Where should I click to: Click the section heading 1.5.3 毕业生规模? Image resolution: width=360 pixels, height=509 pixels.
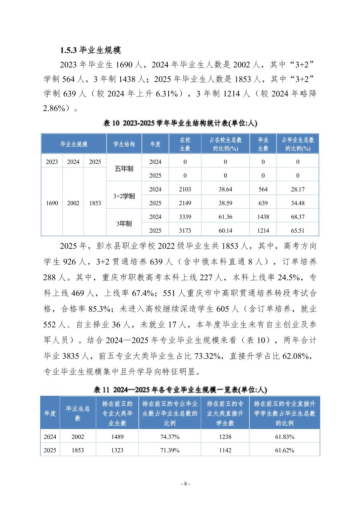coord(91,50)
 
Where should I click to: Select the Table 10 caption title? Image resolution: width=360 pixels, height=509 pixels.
coord(180,123)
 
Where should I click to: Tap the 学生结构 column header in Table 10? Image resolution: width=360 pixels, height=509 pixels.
coord(124,144)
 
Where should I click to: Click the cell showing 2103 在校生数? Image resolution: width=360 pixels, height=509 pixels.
coord(185,189)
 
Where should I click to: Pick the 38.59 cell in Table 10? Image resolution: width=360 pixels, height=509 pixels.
coord(225,203)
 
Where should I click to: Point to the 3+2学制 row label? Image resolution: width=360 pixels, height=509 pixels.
coord(124,196)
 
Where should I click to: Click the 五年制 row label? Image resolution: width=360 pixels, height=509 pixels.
coord(124,169)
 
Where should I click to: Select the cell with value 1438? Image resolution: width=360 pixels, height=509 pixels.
coord(263,217)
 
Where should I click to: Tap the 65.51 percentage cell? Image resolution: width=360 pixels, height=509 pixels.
coord(298,230)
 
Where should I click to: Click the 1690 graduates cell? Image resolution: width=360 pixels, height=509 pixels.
coord(52,203)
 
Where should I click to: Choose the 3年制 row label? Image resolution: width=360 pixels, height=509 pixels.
coord(124,223)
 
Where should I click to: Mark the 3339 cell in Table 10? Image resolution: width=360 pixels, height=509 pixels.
coord(185,217)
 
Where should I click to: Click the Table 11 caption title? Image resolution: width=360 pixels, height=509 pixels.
coord(180,390)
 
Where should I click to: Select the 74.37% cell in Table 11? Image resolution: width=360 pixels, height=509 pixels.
coord(170,437)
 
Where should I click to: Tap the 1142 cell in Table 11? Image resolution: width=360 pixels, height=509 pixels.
coord(225,450)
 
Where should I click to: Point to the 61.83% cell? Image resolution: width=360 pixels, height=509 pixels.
coord(285,437)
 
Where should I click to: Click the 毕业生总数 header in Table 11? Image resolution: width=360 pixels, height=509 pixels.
coord(78,413)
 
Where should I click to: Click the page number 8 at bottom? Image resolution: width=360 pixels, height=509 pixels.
coord(185,484)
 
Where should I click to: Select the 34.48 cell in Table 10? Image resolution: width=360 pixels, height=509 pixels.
coord(298,203)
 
